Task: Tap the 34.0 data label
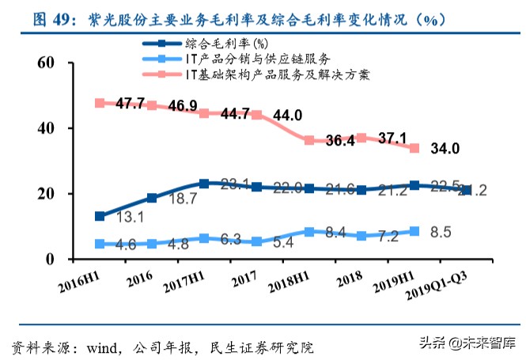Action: tap(445, 148)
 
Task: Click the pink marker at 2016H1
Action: tap(100, 103)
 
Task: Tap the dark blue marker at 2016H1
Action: tap(100, 216)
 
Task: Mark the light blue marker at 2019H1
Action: tap(414, 231)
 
